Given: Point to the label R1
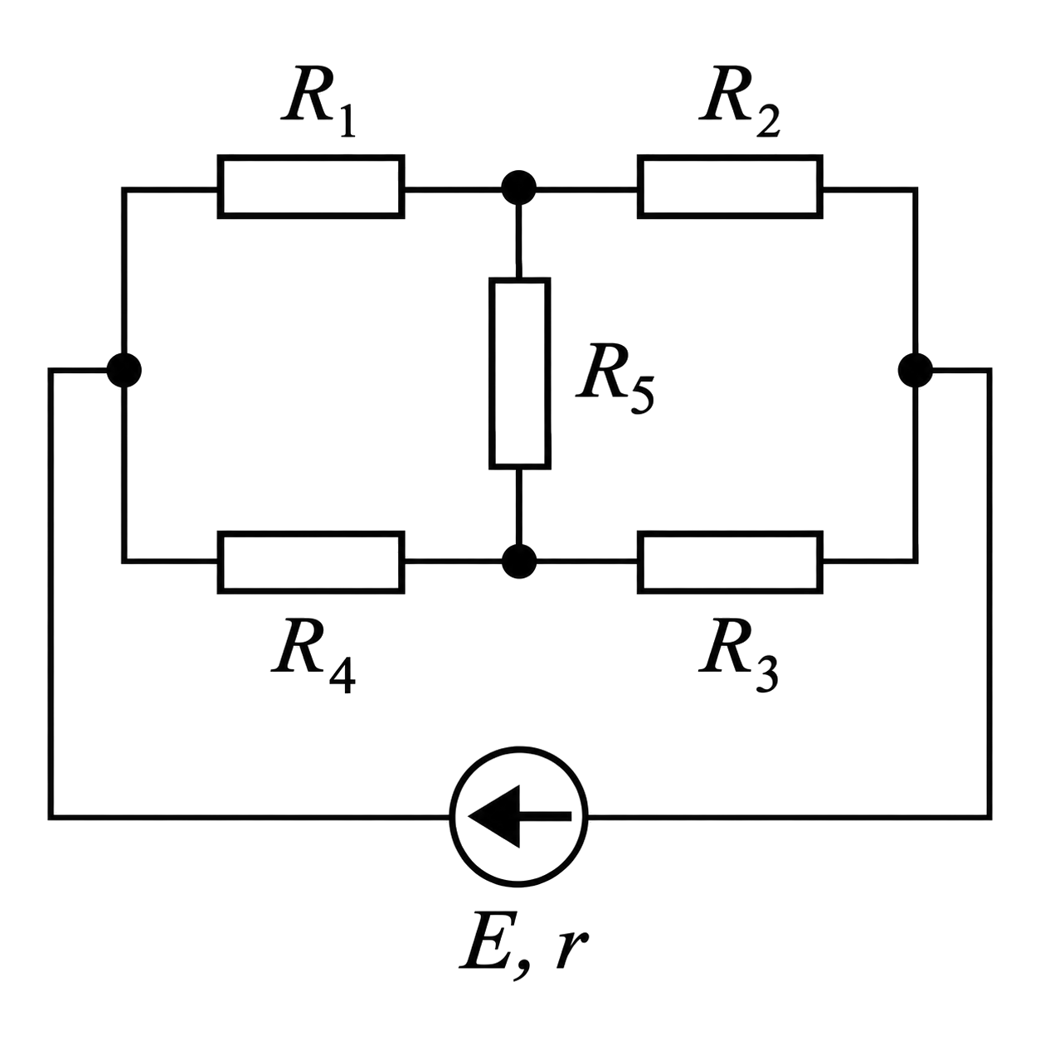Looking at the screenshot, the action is click(318, 101).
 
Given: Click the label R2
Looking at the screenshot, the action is click(740, 101).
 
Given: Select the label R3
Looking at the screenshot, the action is click(738, 656).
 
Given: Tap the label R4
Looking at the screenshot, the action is click(313, 656).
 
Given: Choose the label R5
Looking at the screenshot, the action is click(615, 379).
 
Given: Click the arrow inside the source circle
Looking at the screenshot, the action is click(520, 816).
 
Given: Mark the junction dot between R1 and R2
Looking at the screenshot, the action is click(518, 187).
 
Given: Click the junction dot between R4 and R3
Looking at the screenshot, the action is click(518, 561).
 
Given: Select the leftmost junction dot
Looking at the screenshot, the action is click(124, 370).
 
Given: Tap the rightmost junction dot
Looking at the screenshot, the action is click(916, 370).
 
